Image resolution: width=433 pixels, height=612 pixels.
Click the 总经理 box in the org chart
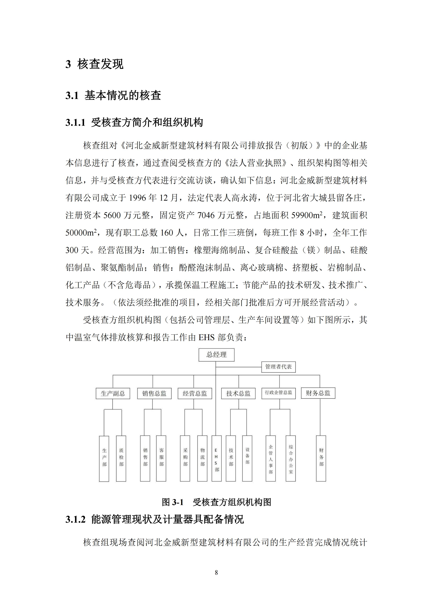pos(216,355)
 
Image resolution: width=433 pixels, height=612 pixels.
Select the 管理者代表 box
pos(278,367)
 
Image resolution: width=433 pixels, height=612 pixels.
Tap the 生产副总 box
pos(113,393)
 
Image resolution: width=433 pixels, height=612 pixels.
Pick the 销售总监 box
pos(154,393)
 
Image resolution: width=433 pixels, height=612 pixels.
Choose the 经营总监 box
pos(195,393)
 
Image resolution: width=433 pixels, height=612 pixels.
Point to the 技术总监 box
pos(238,393)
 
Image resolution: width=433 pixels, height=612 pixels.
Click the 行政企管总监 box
pos(278,393)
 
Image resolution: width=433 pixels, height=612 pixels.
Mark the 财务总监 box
pos(318,393)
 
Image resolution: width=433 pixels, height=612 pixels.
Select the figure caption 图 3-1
pos(173,502)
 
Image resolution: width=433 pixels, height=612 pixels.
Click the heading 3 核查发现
pos(94,64)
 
